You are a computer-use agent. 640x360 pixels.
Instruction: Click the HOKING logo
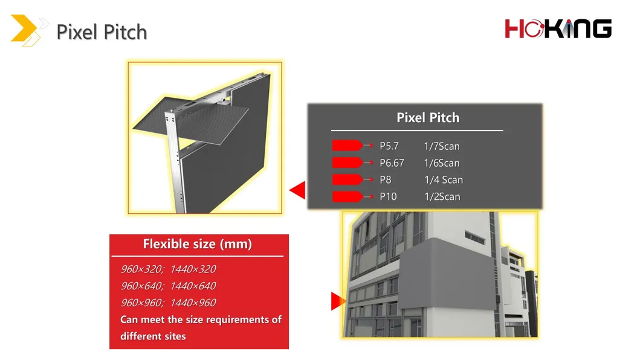point(558,28)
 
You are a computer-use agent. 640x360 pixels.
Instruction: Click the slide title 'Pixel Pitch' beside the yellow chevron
point(102,31)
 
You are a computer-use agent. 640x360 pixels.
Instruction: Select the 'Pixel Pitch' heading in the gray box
point(428,118)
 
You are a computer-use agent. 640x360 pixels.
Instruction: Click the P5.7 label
point(389,146)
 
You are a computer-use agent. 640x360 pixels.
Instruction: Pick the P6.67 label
point(392,163)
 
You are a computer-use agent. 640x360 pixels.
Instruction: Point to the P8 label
point(386,180)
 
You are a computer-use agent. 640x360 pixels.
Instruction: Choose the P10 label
point(388,197)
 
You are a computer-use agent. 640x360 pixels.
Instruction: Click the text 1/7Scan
point(442,146)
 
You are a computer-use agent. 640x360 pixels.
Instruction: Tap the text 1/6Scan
point(442,163)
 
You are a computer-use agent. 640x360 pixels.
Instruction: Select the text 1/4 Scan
point(443,180)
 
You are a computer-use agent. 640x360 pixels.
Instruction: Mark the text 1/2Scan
point(442,197)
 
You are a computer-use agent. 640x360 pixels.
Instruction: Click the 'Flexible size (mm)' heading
point(197,245)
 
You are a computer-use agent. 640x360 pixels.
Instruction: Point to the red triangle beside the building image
point(337,301)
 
